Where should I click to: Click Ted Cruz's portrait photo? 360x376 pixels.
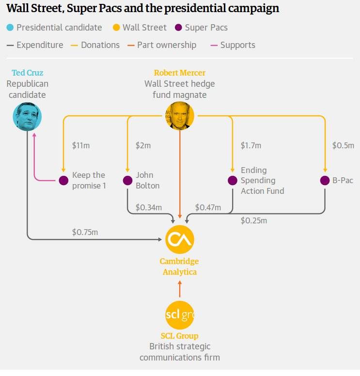point(27,117)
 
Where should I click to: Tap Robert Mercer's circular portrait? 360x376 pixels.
point(180,116)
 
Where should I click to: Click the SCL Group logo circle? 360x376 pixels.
point(180,315)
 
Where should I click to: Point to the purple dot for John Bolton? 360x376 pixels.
point(127,180)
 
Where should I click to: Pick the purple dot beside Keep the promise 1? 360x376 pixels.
point(63,180)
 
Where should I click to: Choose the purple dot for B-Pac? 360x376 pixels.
point(325,180)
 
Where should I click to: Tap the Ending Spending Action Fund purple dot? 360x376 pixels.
point(232,180)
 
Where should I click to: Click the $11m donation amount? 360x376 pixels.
point(81,145)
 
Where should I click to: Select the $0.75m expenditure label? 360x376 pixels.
point(85,232)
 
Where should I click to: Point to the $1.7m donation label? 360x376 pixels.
point(251,145)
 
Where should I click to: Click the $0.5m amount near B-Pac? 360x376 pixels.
point(343,145)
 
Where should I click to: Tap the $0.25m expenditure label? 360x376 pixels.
point(254,220)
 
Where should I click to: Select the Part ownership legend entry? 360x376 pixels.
point(162,45)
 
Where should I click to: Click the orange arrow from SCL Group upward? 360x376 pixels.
point(180,289)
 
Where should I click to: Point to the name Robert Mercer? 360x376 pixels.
point(180,73)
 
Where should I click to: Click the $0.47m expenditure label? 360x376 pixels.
point(208,207)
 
